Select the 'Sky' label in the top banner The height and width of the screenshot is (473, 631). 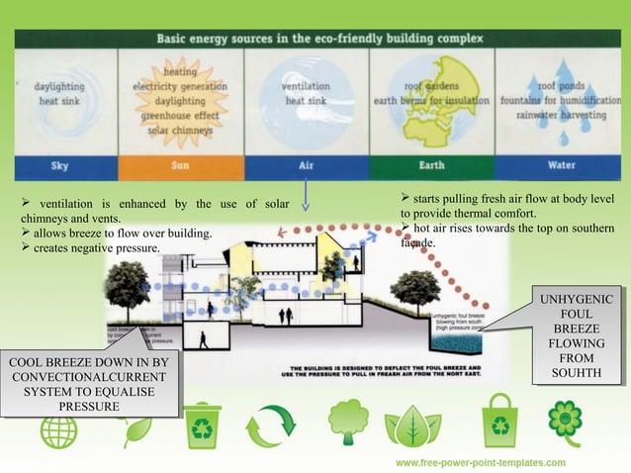[59, 164]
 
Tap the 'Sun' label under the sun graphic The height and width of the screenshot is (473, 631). [179, 164]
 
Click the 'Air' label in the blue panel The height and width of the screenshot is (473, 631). [306, 164]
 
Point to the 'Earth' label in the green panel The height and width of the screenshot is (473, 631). [432, 164]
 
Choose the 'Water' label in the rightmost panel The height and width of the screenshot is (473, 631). [558, 164]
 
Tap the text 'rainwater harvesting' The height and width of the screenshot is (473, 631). [558, 114]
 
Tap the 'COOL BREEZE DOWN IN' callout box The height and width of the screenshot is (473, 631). [90, 383]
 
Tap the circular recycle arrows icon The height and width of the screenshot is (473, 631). [270, 426]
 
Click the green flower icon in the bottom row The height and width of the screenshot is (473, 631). [565, 419]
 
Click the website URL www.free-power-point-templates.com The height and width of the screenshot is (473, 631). [481, 462]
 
